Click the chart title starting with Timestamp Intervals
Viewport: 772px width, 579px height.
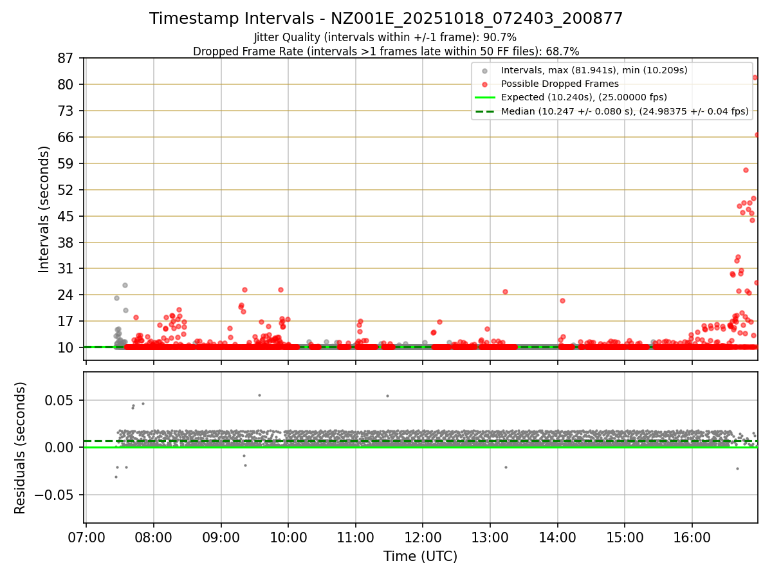coord(386,19)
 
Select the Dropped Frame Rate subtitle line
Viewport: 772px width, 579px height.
coord(386,51)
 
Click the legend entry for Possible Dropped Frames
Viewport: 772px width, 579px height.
coord(560,84)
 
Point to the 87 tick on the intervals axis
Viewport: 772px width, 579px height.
coord(66,59)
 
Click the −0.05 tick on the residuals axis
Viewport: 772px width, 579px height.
coord(58,495)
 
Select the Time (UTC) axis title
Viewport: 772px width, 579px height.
coord(420,556)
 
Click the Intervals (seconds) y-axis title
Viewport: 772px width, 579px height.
coord(44,209)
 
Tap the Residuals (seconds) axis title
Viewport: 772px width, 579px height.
coord(20,448)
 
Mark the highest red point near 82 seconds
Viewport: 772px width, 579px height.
coord(755,77)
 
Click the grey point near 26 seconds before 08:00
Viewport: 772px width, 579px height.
coord(125,285)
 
